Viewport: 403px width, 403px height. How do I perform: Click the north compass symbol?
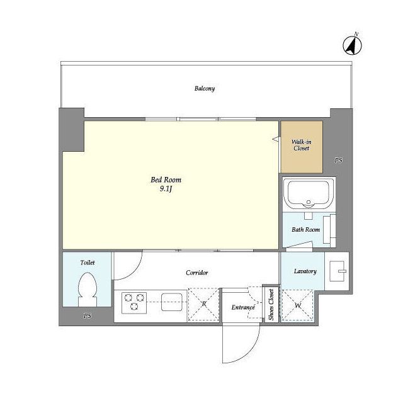click(352, 45)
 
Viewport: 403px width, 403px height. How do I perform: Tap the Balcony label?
click(205, 89)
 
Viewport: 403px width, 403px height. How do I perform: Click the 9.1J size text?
click(166, 189)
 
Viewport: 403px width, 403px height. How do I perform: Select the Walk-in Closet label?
click(302, 145)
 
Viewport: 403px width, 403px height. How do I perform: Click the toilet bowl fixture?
click(88, 289)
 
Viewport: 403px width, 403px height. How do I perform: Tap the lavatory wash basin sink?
click(338, 271)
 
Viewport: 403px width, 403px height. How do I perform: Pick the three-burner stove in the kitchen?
click(134, 303)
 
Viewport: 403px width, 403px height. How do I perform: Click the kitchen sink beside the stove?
click(172, 302)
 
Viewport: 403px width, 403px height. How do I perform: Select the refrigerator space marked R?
click(203, 305)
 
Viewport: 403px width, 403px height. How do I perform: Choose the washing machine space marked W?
click(298, 305)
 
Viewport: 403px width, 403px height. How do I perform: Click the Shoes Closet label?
click(271, 305)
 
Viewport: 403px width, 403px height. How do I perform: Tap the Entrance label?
click(243, 307)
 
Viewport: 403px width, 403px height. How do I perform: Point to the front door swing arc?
click(251, 351)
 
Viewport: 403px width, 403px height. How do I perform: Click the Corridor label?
click(197, 273)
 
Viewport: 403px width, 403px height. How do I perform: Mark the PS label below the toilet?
click(88, 315)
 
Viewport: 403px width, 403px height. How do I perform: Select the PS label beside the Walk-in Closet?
click(339, 160)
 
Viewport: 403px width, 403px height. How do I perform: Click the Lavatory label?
click(305, 271)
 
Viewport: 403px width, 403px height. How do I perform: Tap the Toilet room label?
click(88, 263)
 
